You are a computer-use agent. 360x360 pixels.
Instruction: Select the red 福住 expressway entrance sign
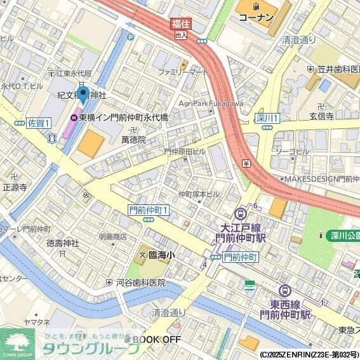click(x=180, y=24)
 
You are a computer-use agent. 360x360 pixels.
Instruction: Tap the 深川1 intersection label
click(x=267, y=118)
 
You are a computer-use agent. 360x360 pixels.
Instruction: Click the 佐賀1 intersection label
click(x=38, y=124)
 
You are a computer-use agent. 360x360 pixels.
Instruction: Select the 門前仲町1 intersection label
click(x=149, y=210)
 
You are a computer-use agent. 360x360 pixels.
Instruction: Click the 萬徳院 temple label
click(x=133, y=139)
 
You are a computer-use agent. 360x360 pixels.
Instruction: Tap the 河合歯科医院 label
click(x=140, y=282)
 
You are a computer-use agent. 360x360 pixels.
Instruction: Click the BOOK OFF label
click(x=156, y=340)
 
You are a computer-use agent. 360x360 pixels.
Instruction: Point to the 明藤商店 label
click(x=112, y=236)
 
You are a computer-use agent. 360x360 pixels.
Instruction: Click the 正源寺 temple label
click(x=14, y=187)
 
